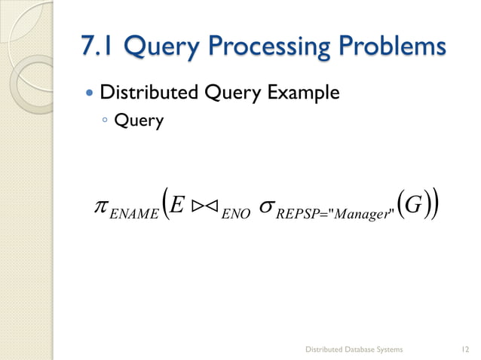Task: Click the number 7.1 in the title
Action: click(100, 47)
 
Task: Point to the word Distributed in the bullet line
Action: click(148, 93)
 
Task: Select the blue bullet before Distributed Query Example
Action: click(90, 95)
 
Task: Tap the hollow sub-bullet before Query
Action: click(106, 121)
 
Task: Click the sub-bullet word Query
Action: click(139, 121)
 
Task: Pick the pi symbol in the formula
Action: click(97, 206)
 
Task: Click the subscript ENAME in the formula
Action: click(133, 215)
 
